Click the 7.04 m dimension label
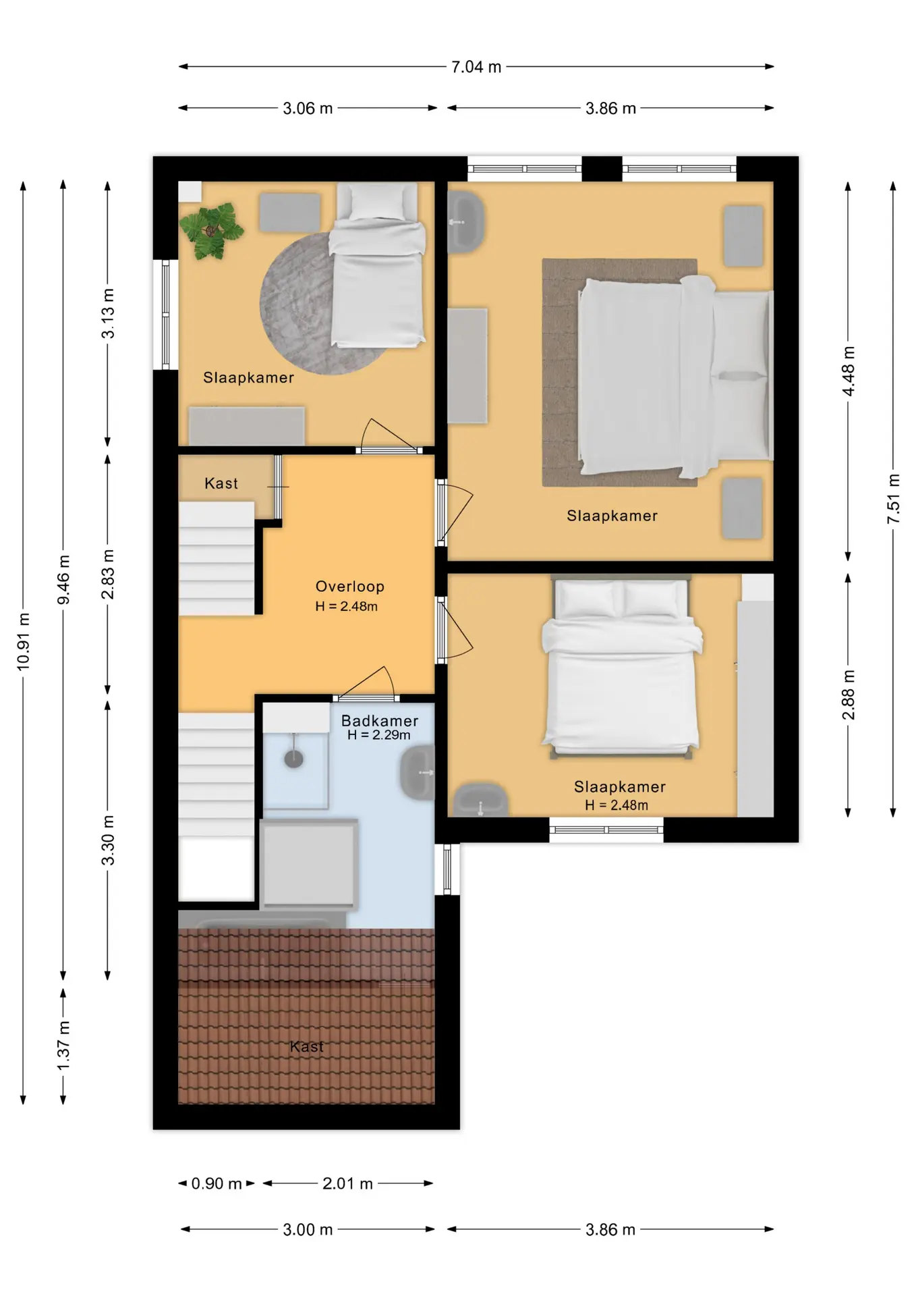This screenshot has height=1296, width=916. (x=476, y=67)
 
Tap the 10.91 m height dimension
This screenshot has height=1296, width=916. (x=24, y=642)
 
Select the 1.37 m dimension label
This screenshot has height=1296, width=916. (x=63, y=1046)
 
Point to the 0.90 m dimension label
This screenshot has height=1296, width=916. (x=217, y=1183)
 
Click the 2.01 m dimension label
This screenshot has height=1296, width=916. (x=347, y=1183)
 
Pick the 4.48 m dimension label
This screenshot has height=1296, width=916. (x=849, y=371)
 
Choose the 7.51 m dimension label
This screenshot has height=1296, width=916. (x=894, y=499)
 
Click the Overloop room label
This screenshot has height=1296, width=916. (x=349, y=587)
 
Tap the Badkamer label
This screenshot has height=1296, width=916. (x=380, y=721)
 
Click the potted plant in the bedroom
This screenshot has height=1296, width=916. (x=211, y=231)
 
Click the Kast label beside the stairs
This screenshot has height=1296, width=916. (x=221, y=483)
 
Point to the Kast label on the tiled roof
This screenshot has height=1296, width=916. (x=307, y=1046)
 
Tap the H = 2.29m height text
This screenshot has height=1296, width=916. (x=379, y=735)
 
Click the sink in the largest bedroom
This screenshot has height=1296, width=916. (x=465, y=222)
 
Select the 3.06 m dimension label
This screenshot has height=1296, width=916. (x=308, y=108)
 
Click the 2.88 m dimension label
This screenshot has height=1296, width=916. (x=849, y=695)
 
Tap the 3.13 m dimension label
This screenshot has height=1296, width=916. (x=108, y=313)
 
